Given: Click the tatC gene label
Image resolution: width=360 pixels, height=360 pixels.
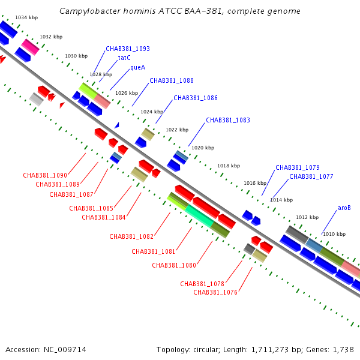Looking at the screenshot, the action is (x=124, y=58).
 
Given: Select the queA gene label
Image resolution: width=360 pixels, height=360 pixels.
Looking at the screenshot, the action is (x=138, y=67).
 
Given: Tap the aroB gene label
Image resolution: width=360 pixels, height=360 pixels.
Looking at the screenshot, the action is (x=344, y=208).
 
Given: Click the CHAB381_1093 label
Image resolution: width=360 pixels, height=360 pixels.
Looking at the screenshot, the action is (x=128, y=49).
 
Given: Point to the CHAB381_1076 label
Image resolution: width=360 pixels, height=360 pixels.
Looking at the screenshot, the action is (x=215, y=292).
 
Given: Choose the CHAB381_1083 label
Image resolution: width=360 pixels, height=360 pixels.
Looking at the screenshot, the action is (x=228, y=120).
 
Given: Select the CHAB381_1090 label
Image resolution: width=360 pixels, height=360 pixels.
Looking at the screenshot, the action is (x=45, y=175).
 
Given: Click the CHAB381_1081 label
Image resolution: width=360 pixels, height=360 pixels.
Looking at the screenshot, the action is (x=154, y=251).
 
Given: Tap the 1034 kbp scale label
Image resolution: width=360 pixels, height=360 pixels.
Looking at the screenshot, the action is (x=26, y=17).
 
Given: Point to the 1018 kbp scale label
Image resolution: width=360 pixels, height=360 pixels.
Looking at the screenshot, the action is (x=229, y=166).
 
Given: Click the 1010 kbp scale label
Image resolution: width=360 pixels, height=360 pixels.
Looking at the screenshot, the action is (x=334, y=234).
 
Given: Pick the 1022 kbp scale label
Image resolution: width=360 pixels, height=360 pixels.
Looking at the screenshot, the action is (x=177, y=130).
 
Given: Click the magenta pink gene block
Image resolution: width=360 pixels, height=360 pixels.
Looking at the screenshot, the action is (x=31, y=47).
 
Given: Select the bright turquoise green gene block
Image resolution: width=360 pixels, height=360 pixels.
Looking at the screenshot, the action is (x=200, y=216).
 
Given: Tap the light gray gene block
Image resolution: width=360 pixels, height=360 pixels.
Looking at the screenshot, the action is (x=36, y=100).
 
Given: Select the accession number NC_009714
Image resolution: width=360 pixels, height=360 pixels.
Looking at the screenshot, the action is (x=65, y=350).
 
